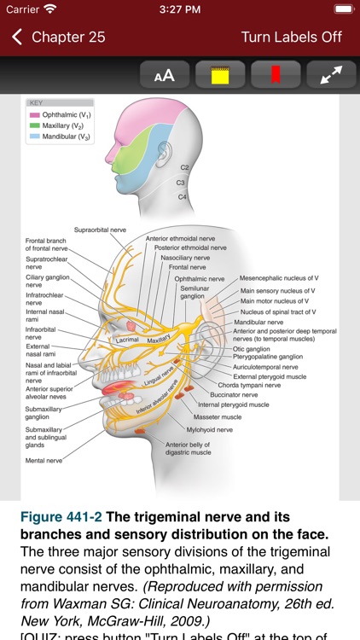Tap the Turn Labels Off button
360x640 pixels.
291,38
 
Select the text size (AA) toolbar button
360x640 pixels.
164,75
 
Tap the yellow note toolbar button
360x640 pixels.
220,75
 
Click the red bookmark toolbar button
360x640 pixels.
276,75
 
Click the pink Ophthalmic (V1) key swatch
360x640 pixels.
35,114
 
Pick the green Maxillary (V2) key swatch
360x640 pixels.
35,125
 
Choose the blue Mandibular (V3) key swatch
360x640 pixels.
35,137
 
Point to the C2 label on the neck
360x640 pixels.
185,168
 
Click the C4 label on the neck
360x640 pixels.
183,196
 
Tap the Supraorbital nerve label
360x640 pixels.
100,230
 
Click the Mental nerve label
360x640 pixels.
44,460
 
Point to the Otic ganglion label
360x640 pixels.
253,348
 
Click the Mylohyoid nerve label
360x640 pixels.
210,430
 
